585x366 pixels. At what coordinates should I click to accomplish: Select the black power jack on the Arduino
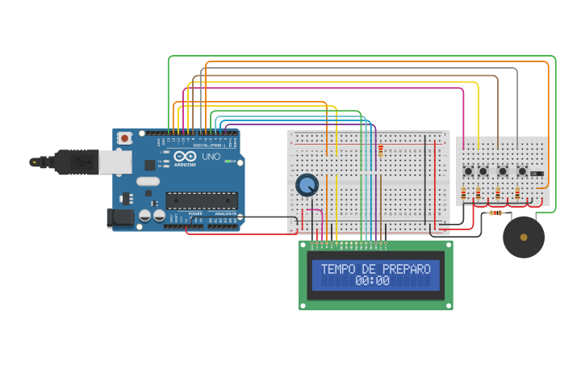(x=120, y=217)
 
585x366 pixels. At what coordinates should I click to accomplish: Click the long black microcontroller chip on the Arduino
(x=202, y=200)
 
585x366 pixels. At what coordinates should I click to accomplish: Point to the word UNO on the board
(x=211, y=156)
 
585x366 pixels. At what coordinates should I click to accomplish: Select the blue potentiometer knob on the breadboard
(x=307, y=185)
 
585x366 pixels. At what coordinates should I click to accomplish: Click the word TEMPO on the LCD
(x=337, y=269)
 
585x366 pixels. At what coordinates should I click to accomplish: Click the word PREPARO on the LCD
(x=407, y=269)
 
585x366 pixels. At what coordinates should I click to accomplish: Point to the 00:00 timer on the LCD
(x=372, y=281)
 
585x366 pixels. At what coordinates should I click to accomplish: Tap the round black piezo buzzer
(x=524, y=237)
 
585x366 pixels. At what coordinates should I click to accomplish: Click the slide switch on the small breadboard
(x=537, y=173)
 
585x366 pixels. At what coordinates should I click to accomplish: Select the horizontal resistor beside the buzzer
(x=496, y=213)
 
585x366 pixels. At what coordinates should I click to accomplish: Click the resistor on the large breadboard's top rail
(x=380, y=150)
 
